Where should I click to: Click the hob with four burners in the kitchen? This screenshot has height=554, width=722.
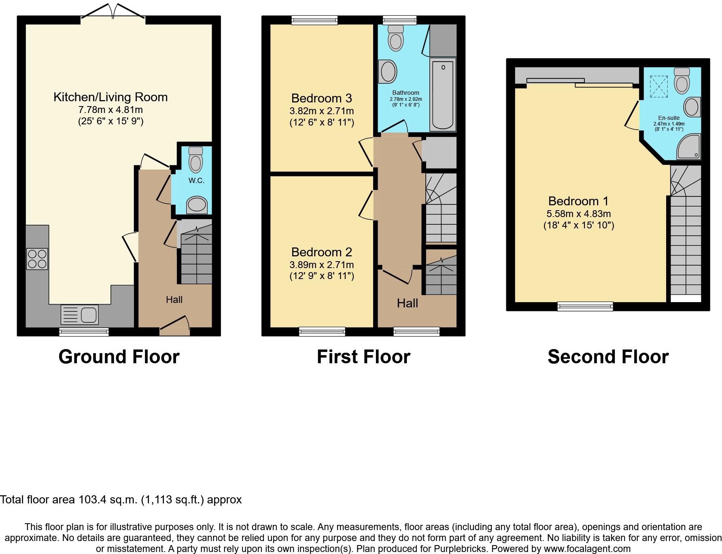point(37,259)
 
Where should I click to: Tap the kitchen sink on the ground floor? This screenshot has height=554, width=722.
point(80,315)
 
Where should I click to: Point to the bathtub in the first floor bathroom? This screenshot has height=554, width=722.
point(443,94)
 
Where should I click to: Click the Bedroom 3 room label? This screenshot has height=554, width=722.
point(321,98)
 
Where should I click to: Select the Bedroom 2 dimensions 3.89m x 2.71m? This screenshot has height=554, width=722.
point(321,265)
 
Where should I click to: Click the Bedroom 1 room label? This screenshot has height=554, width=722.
point(578,201)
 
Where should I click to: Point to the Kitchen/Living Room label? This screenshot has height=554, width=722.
point(110,97)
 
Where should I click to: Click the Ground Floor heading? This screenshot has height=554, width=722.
point(119,357)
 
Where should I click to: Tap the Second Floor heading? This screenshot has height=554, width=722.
point(608,357)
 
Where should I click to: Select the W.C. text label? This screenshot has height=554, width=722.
point(196,181)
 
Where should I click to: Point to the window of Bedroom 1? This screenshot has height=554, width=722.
point(585,307)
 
